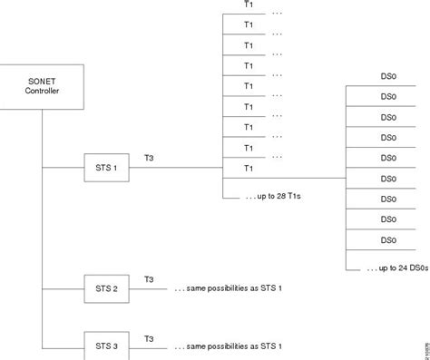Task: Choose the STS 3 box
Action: pos(107,345)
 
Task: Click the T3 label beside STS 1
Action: pos(150,157)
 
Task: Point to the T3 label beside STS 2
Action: pos(150,279)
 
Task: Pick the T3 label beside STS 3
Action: pos(150,336)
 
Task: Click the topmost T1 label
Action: pos(249,5)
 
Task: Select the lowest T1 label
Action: pos(249,168)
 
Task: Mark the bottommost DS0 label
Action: pos(388,239)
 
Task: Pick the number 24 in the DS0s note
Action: pos(400,269)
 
